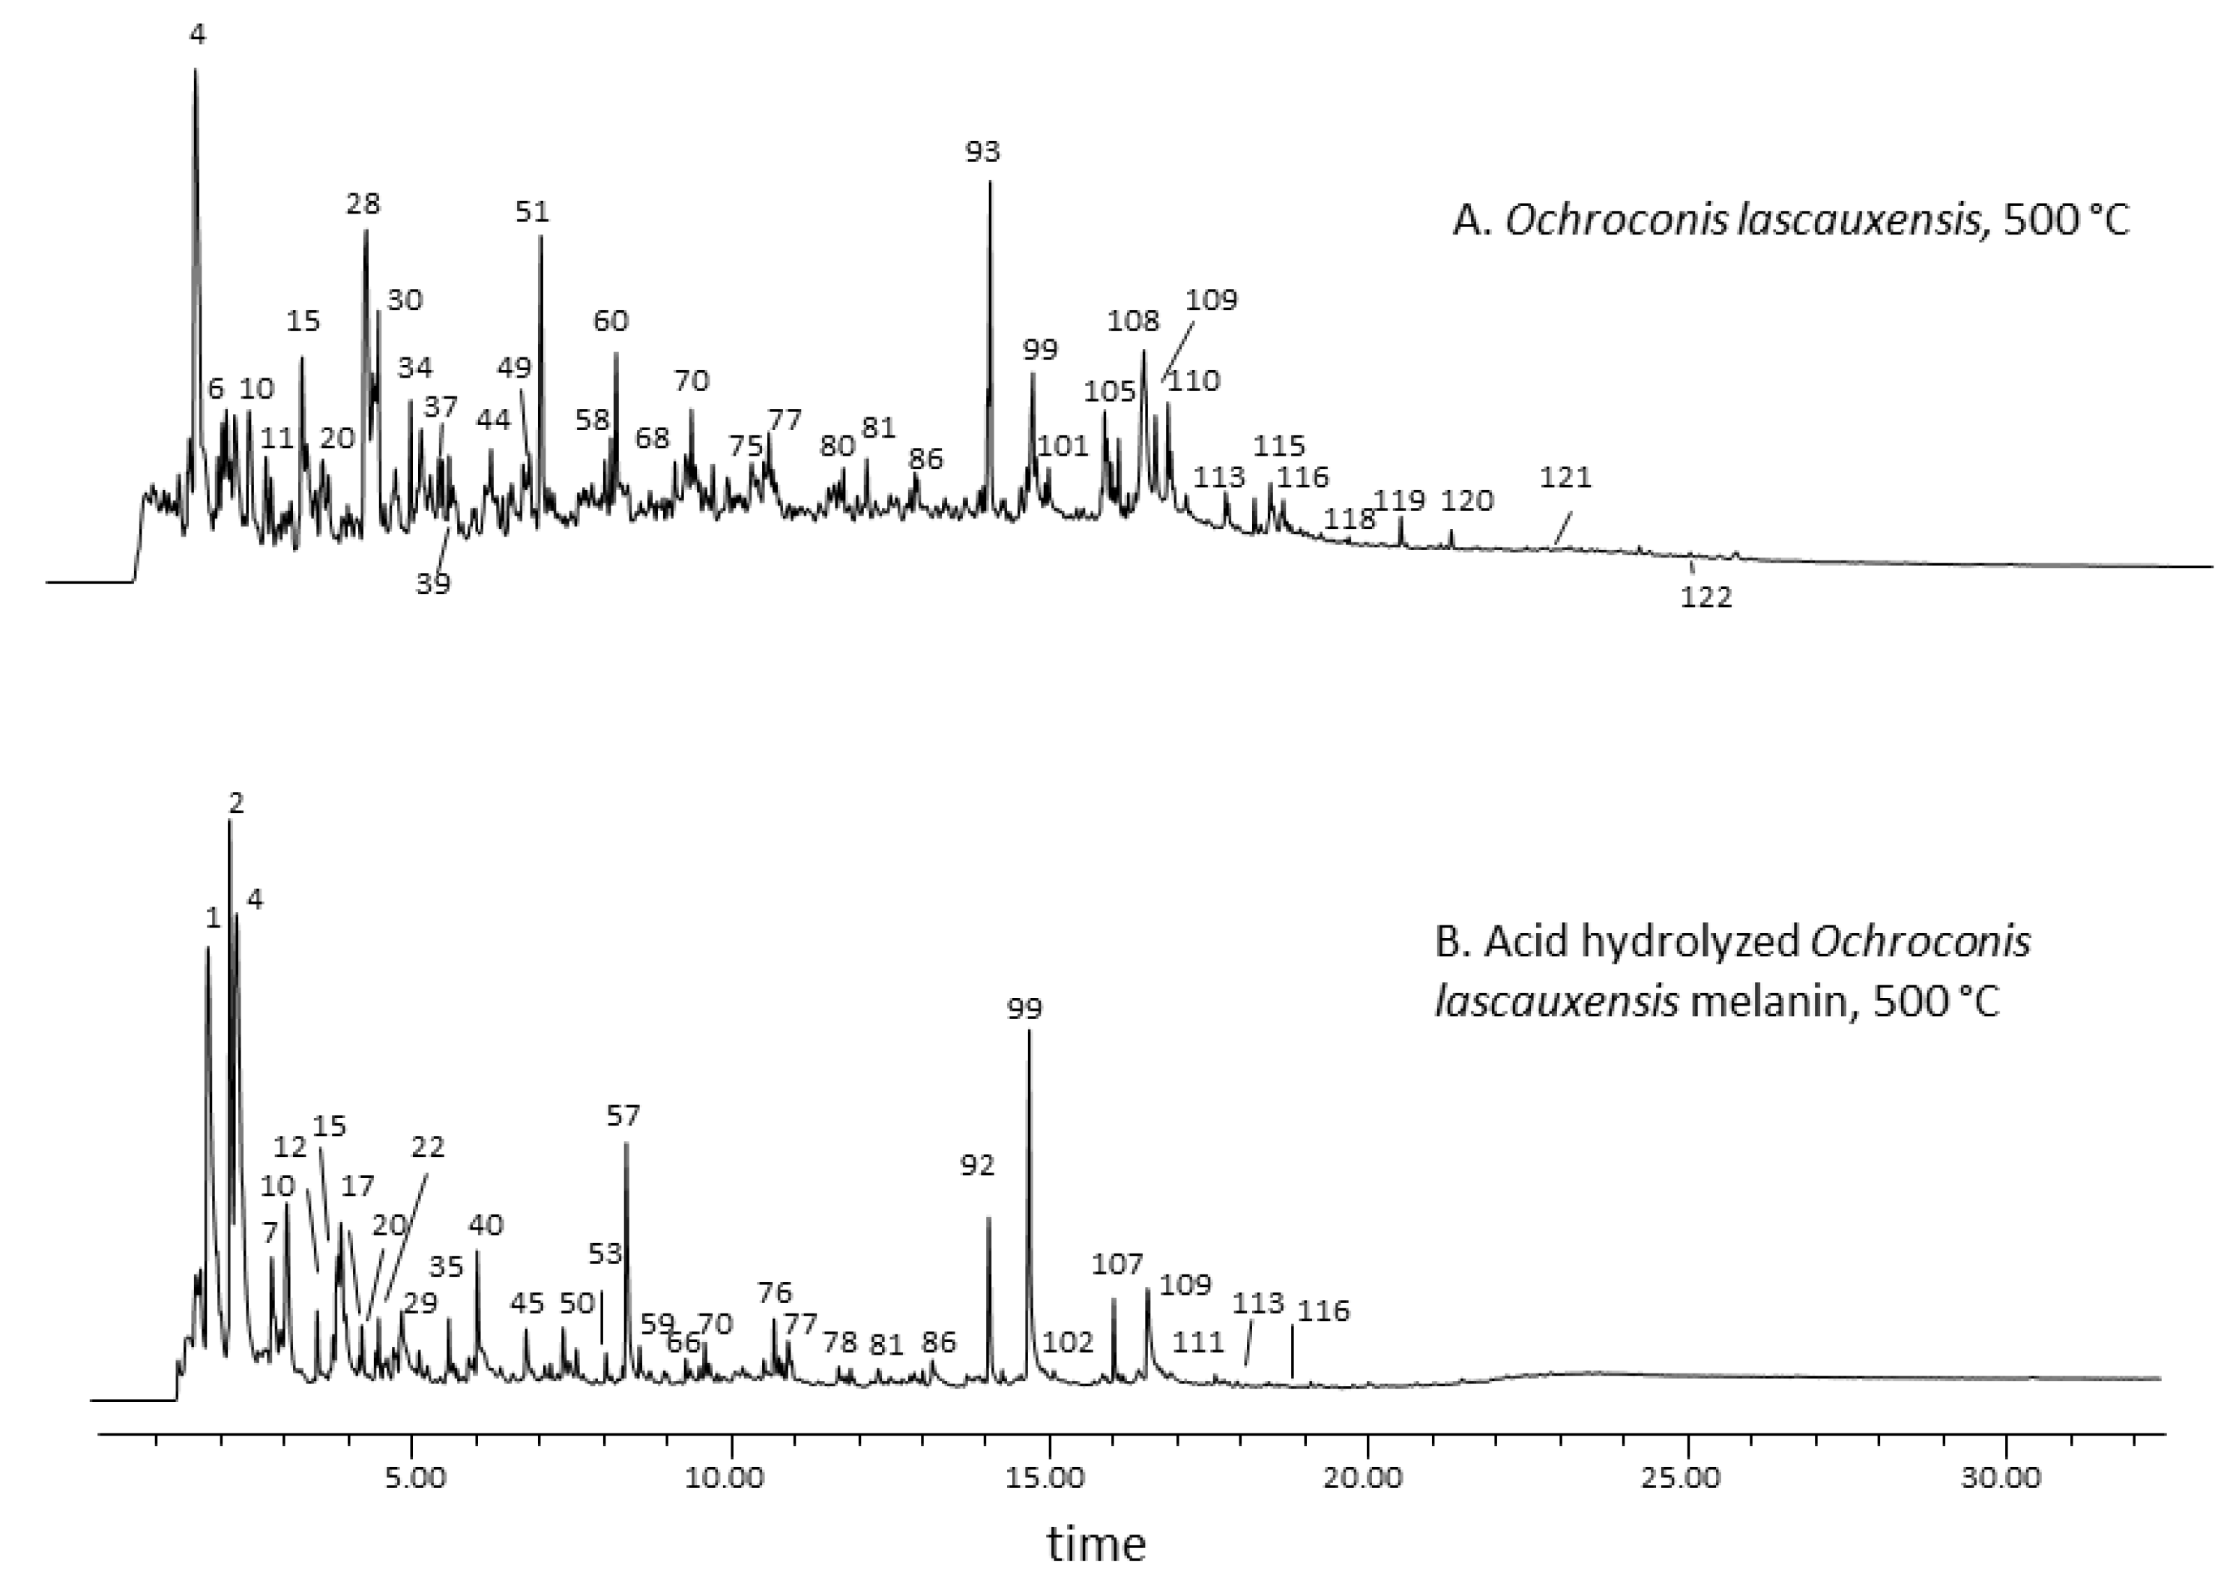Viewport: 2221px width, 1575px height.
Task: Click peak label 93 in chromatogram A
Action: [x=982, y=151]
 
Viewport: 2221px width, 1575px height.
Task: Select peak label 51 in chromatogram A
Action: [x=531, y=211]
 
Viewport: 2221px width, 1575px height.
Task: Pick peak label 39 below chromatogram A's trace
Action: [x=434, y=584]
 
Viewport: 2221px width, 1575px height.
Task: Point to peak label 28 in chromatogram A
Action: [x=363, y=204]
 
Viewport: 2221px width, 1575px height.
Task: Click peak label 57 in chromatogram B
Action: [x=623, y=1116]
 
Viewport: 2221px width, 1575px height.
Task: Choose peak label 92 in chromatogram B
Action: [x=978, y=1166]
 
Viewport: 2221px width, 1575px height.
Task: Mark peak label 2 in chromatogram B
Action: [x=236, y=803]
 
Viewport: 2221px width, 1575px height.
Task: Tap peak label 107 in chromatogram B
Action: [x=1117, y=1265]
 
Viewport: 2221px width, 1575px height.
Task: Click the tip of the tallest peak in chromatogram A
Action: [x=195, y=70]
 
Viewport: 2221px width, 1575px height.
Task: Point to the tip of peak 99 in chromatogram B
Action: [x=1029, y=1032]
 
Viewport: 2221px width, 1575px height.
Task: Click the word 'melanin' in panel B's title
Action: [x=1760, y=1001]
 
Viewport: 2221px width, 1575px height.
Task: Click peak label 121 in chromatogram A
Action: [x=1565, y=477]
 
